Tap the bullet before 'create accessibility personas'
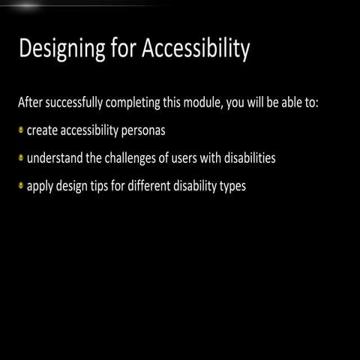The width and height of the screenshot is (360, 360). tap(21, 130)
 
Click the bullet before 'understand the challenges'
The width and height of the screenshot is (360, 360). tap(21, 157)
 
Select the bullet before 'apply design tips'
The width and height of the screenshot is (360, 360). tap(21, 186)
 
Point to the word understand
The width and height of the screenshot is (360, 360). tap(56, 158)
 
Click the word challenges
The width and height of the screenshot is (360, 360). tap(142, 158)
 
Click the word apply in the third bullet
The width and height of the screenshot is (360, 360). tap(41, 187)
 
